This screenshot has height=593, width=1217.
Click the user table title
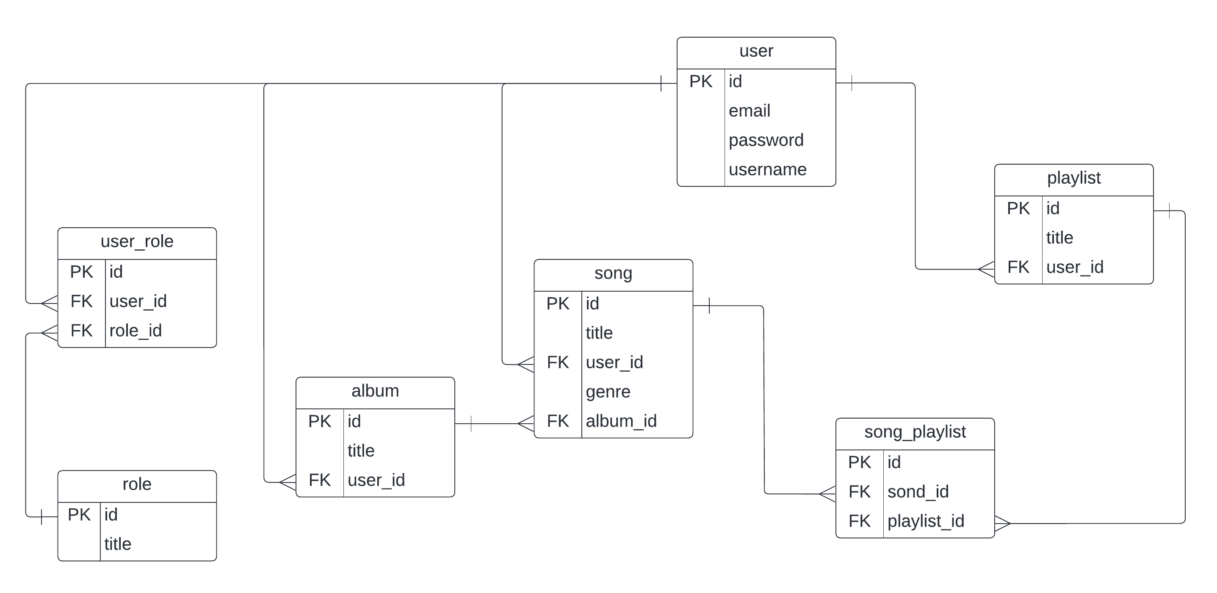tap(756, 51)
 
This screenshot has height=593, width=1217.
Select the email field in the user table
tap(749, 111)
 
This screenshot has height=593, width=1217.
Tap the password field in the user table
tap(766, 141)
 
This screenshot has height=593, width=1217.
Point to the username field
tap(767, 169)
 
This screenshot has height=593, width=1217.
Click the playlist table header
tap(1074, 178)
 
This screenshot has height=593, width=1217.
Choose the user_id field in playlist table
tap(1075, 268)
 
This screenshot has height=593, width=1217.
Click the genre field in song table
tap(608, 392)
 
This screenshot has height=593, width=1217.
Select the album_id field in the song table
tap(621, 421)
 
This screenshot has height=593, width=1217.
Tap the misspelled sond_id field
tap(918, 492)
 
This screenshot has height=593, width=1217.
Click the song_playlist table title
tap(915, 432)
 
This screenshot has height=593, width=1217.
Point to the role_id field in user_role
tap(136, 331)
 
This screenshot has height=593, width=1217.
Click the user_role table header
tap(137, 242)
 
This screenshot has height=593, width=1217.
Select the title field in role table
tap(118, 544)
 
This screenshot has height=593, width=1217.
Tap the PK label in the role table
tap(79, 515)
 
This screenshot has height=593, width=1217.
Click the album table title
tap(375, 391)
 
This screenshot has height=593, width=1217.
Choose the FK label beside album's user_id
tap(319, 480)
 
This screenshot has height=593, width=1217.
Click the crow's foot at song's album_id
tap(526, 424)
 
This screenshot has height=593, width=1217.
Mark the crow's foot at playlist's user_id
tap(986, 269)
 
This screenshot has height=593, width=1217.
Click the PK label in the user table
tap(701, 82)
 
